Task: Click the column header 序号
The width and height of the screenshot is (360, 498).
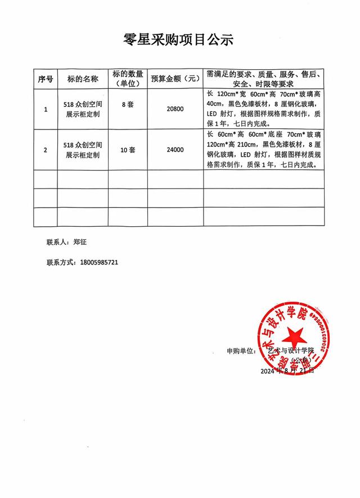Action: point(46,79)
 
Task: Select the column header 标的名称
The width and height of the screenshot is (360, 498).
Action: point(83,79)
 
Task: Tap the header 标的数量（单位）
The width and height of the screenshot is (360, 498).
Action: point(128,79)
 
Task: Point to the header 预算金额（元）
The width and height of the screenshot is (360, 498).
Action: point(175,79)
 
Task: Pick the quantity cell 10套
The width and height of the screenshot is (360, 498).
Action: point(128,150)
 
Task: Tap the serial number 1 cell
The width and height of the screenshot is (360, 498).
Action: point(46,109)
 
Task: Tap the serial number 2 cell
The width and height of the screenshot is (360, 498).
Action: point(46,150)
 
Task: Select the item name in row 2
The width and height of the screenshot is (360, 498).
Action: point(83,150)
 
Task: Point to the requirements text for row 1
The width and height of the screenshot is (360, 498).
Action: point(264,109)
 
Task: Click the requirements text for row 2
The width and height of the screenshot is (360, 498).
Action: point(264,150)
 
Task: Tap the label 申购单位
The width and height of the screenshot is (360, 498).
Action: point(240,351)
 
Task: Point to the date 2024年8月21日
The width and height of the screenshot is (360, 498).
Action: point(287,372)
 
